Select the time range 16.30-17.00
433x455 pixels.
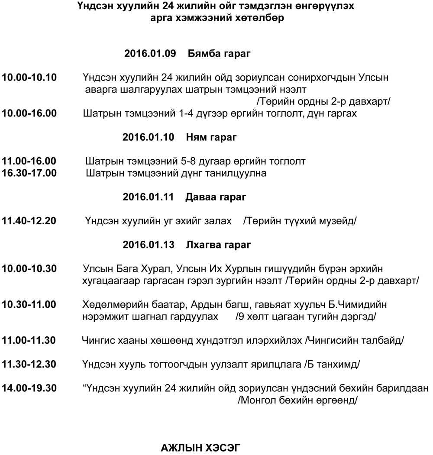pyautogui.click(x=29, y=174)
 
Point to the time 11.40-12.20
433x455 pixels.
pyautogui.click(x=29, y=221)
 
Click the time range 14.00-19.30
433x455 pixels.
pyautogui.click(x=29, y=388)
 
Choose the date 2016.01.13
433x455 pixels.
pyautogui.click(x=148, y=245)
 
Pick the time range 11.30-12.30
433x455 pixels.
pyautogui.click(x=29, y=364)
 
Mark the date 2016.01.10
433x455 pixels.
pyautogui.click(x=148, y=138)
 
